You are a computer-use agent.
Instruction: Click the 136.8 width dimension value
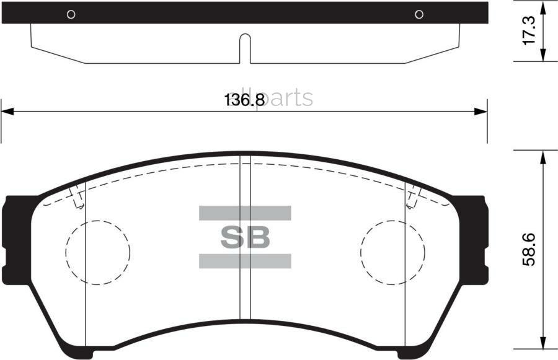pyautogui.click(x=244, y=99)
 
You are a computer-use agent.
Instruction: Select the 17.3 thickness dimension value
pyautogui.click(x=528, y=31)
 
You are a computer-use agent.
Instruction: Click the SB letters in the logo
pyautogui.click(x=245, y=237)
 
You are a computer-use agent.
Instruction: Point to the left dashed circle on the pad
pyautogui.click(x=98, y=252)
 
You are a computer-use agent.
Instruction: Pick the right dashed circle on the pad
pyautogui.click(x=392, y=252)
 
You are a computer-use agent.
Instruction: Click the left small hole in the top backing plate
pyautogui.click(x=71, y=14)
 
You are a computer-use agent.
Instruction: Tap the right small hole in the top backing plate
pyautogui.click(x=419, y=14)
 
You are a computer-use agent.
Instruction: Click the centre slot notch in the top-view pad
pyautogui.click(x=245, y=48)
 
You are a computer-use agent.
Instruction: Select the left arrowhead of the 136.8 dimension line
pyautogui.click(x=7, y=112)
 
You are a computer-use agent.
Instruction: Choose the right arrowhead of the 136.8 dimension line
pyautogui.click(x=481, y=112)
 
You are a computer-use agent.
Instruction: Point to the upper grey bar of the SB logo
pyautogui.click(x=245, y=213)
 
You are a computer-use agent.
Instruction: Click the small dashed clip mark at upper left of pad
pyautogui.click(x=77, y=198)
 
